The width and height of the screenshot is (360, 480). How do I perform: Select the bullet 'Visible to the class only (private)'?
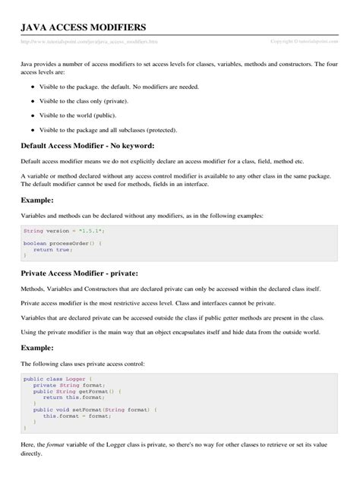pos(89,101)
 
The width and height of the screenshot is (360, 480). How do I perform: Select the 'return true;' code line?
pos(53,249)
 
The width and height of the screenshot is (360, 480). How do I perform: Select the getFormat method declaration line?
pos(77,391)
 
